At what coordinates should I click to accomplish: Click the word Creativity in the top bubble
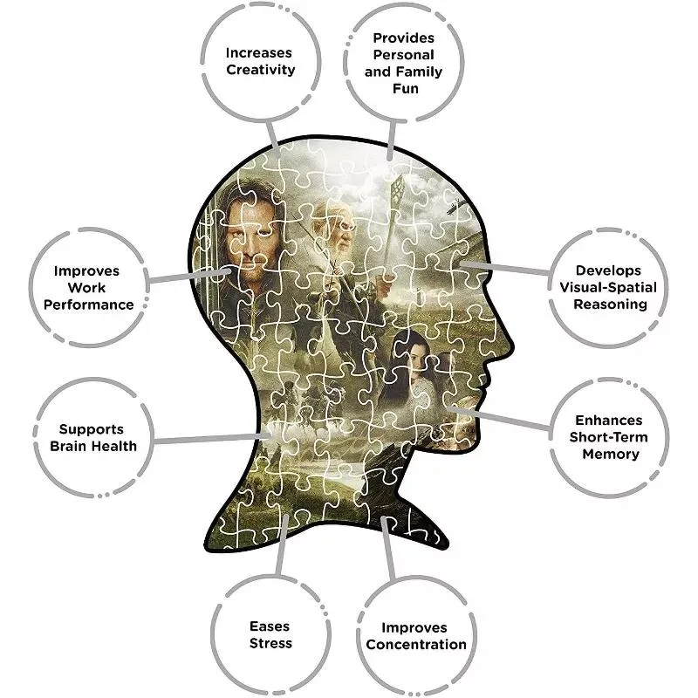click(261, 70)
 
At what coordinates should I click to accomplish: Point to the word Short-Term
click(611, 437)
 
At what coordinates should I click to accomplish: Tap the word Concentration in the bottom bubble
click(416, 645)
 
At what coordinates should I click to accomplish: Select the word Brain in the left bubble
click(72, 446)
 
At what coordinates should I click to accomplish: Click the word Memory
click(611, 454)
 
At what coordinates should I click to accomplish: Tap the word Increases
click(261, 52)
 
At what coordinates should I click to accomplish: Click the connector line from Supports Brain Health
click(209, 439)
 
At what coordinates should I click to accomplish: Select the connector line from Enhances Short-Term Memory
click(506, 418)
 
